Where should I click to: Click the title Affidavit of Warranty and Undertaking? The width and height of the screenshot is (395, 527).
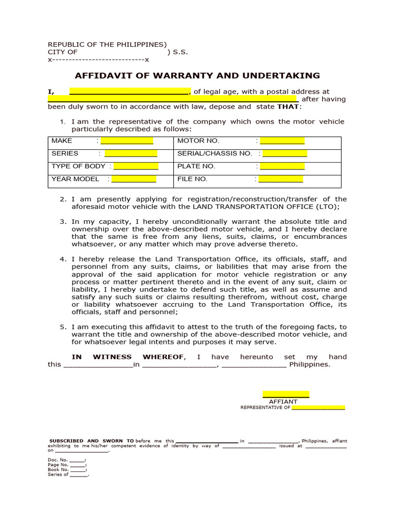(197, 76)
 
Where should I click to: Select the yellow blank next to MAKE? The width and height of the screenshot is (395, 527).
(127, 140)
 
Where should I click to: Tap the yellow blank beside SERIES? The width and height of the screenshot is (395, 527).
(131, 153)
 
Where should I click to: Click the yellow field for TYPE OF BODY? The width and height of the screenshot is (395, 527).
(136, 166)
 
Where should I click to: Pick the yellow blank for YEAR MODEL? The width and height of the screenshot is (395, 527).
(134, 179)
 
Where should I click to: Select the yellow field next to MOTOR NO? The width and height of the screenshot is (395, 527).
(282, 140)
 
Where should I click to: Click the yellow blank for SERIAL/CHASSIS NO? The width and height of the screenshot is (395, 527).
(284, 153)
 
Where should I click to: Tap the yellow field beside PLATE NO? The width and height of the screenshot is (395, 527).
(282, 166)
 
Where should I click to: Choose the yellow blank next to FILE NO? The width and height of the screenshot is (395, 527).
(281, 179)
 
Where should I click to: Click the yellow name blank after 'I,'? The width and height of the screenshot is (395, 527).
(129, 92)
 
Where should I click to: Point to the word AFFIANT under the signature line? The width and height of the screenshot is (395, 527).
(283, 401)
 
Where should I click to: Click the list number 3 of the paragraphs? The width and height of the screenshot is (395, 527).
(62, 221)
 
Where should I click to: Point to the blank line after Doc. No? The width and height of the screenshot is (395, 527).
(77, 459)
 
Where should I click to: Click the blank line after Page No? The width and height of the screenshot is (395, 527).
(78, 464)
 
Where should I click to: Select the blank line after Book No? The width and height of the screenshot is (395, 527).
(78, 469)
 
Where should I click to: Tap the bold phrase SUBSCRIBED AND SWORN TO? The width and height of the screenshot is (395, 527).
(92, 441)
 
